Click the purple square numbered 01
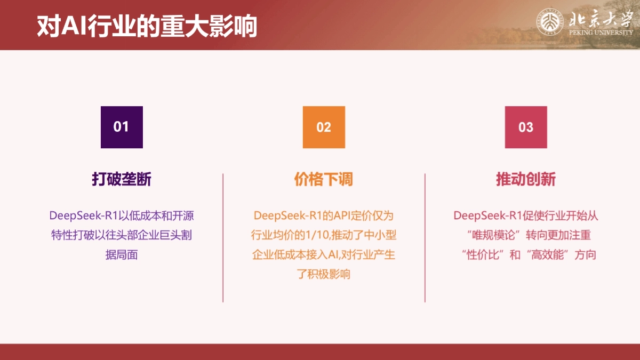click(122, 127)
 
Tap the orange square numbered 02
click(324, 127)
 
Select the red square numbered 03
click(526, 127)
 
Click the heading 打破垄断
click(122, 179)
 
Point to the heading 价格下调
click(324, 179)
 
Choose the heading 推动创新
click(526, 179)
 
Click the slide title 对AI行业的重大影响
click(147, 26)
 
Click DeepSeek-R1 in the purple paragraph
click(83, 215)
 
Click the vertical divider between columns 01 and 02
click(223, 238)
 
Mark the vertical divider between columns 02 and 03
click(425, 238)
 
